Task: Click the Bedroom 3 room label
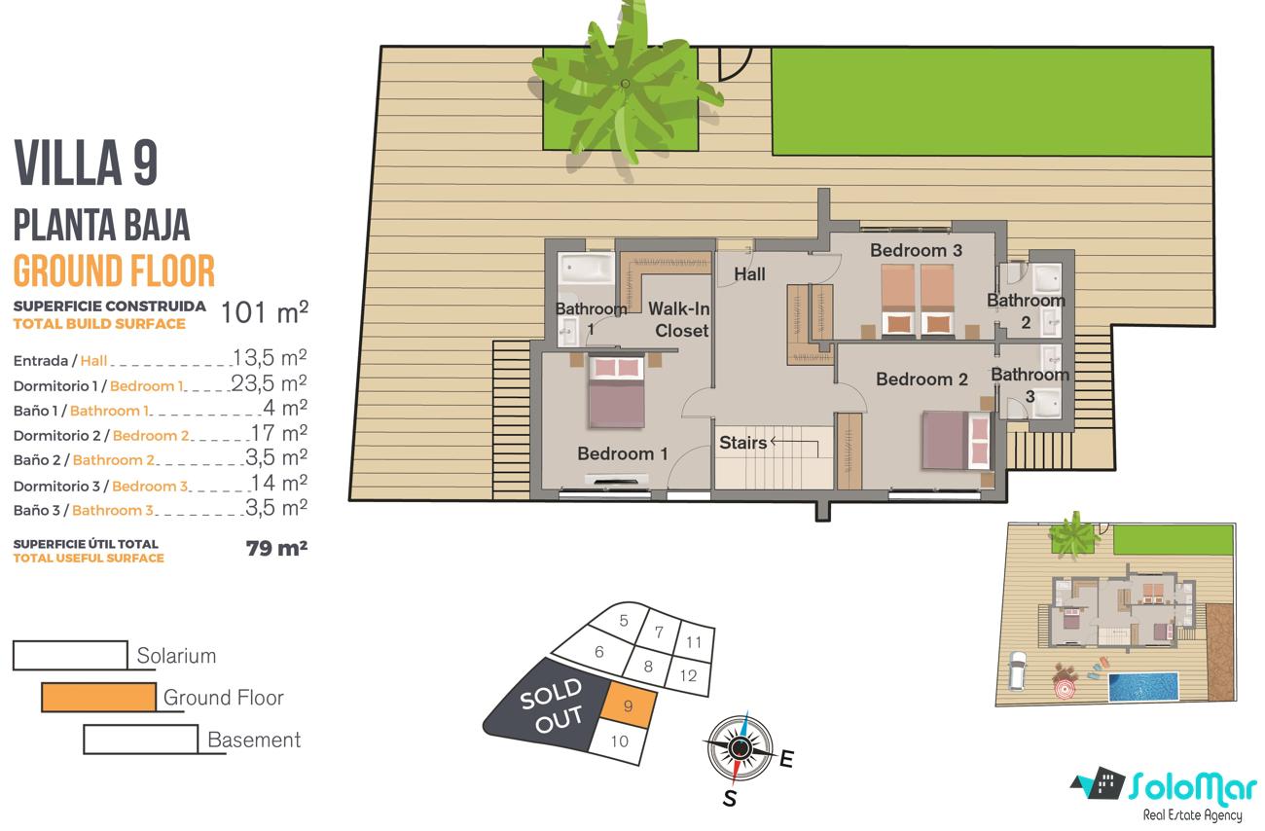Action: (x=916, y=250)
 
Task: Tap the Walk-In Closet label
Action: (x=679, y=319)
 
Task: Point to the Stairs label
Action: (x=742, y=443)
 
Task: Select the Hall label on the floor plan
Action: (x=749, y=274)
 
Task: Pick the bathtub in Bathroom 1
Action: (x=586, y=269)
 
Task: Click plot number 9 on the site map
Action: (x=628, y=706)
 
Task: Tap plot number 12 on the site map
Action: (x=688, y=675)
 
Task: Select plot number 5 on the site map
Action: (x=624, y=621)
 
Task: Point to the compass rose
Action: (x=739, y=748)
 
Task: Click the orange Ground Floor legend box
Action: (x=99, y=698)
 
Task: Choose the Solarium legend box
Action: (x=70, y=656)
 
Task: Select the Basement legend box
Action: (x=141, y=739)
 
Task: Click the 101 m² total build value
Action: (x=265, y=312)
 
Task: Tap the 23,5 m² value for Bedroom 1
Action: (x=269, y=383)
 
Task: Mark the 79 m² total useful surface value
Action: (x=276, y=548)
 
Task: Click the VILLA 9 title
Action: (x=86, y=163)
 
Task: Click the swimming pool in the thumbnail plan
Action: (x=1143, y=686)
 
